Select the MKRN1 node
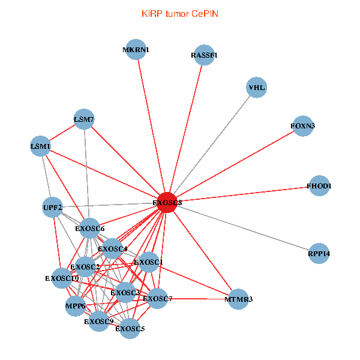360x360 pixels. pos(137,50)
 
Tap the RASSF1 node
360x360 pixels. pos(204,55)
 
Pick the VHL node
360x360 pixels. pos(256,88)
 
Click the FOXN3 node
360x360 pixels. pos(303,126)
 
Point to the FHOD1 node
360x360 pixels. pos(318,186)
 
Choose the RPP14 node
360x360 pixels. pos(319,254)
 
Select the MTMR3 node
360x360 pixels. pos(238,298)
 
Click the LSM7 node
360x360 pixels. pos(84,119)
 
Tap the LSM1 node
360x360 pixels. pos(41,146)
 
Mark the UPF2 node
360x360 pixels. pos(53,208)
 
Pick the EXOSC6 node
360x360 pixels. pos(91,229)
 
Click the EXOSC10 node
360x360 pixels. pos(62,278)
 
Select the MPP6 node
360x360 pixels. pos(76,306)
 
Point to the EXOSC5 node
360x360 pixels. pos(130,328)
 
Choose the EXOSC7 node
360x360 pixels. pos(157,298)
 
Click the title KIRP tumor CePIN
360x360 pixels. pos(180,13)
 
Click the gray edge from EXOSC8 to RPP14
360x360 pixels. pos(242,229)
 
